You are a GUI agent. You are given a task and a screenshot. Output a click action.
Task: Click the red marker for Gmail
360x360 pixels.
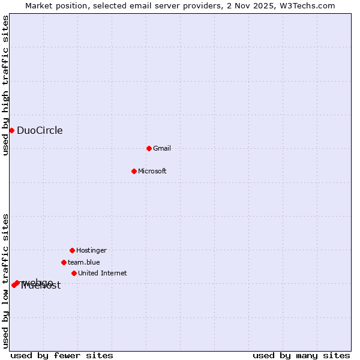point(149,148)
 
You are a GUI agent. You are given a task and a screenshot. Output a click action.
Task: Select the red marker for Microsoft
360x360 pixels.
point(134,171)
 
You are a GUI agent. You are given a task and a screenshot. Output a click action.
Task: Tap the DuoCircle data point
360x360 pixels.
point(11,130)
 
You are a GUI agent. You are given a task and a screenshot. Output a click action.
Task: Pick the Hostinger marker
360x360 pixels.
point(72,250)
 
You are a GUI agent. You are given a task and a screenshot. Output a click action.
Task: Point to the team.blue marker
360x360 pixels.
point(64,262)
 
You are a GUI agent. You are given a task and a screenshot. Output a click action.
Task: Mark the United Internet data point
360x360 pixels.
point(74,273)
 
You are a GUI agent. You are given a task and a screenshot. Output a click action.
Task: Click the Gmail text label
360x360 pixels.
point(162,148)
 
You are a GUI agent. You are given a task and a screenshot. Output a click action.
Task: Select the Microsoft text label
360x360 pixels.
point(152,171)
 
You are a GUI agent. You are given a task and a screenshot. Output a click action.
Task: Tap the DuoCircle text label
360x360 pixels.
point(40,131)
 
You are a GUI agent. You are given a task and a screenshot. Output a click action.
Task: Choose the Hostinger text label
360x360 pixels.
point(91,250)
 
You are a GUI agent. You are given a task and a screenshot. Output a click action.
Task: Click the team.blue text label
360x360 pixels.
point(84,262)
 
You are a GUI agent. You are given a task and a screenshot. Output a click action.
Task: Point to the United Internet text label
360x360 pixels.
point(103,273)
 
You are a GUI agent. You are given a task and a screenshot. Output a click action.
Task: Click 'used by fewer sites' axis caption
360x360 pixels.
point(62,356)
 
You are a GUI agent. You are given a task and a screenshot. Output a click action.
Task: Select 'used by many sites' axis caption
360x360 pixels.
point(301,356)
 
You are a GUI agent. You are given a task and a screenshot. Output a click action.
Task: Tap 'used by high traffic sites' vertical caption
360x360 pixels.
point(6,85)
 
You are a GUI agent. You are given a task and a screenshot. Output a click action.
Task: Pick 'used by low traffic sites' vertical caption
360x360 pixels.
point(6,280)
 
